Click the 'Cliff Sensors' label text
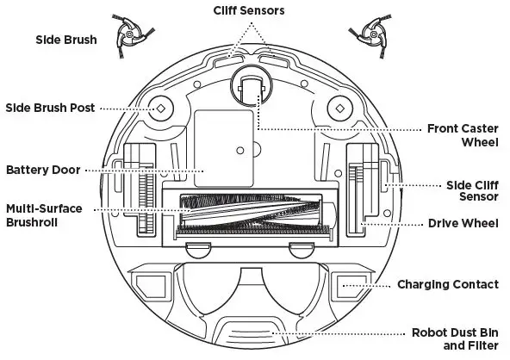[x=255, y=10]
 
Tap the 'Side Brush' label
[x=65, y=40]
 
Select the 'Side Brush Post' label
[x=50, y=108]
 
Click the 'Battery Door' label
[x=43, y=170]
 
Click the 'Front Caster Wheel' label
[x=462, y=135]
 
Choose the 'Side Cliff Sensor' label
[x=471, y=190]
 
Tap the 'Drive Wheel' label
[x=463, y=224]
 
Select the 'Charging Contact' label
[x=447, y=284]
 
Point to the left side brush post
[x=159, y=109]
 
